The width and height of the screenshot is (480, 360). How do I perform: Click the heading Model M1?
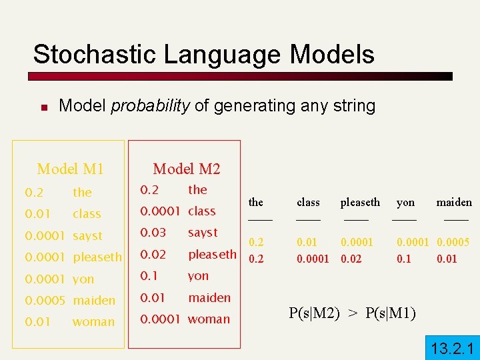(x=70, y=169)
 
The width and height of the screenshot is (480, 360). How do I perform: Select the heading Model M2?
(x=186, y=169)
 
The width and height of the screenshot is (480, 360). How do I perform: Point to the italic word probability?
(x=150, y=105)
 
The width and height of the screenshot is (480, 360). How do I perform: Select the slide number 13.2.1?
(x=451, y=347)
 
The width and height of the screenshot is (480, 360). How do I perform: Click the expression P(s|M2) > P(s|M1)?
(x=353, y=313)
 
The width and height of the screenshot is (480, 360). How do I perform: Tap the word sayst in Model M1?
(x=87, y=235)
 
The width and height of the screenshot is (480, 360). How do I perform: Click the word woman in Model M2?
(x=209, y=319)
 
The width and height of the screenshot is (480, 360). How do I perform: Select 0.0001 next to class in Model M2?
(x=161, y=211)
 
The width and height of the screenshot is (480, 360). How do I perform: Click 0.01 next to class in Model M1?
(x=37, y=213)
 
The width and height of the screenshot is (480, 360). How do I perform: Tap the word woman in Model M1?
(x=93, y=321)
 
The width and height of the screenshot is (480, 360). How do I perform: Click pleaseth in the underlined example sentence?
(x=360, y=202)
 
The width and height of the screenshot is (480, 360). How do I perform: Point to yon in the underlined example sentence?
(x=405, y=202)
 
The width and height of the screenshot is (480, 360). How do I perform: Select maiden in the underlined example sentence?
(x=454, y=202)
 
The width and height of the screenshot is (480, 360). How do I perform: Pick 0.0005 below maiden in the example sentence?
(x=453, y=243)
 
